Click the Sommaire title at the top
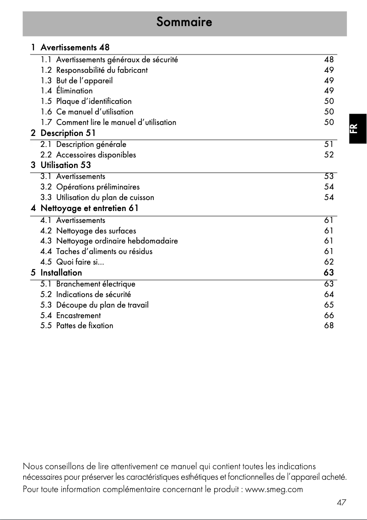184,22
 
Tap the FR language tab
357,128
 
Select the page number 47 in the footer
341,503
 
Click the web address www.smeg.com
274,489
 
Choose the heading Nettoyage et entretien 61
89,208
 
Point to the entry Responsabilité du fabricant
102,70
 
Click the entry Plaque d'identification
93,101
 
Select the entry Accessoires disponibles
96,155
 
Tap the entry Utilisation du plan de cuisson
105,197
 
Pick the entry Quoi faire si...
76,262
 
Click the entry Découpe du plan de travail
102,305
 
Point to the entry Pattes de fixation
85,326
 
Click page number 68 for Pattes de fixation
329,326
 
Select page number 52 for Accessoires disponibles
329,155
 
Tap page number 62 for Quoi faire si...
329,262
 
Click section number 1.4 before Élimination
46,91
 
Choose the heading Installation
61,273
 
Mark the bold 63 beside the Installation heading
329,273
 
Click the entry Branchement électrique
96,284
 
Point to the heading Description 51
68,133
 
